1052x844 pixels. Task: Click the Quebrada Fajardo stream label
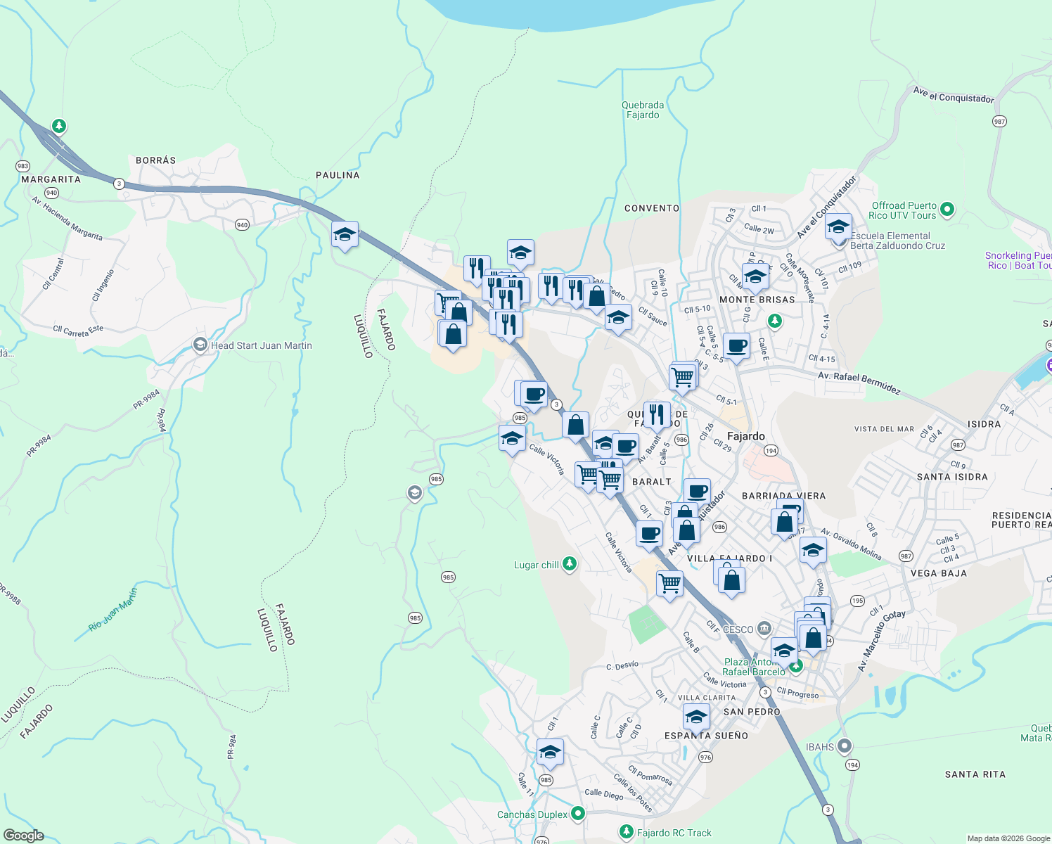(643, 110)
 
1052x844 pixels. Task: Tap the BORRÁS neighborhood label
(155, 160)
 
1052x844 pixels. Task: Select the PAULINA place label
(338, 175)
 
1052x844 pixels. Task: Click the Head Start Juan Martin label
(261, 345)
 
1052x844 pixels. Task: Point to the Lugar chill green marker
(570, 564)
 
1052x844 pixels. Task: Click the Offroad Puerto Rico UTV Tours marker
(947, 209)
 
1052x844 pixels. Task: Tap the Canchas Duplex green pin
(578, 814)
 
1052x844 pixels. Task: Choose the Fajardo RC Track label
(674, 833)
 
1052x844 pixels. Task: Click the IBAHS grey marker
(845, 746)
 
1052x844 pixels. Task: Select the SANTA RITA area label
(975, 774)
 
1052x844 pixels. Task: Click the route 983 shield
(23, 167)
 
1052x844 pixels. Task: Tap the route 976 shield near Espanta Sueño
(705, 757)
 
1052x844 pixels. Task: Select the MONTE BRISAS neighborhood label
(757, 300)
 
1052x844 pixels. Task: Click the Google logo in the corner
(24, 835)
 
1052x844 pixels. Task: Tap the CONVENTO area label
(652, 208)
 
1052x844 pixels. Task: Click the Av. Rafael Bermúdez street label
(859, 383)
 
